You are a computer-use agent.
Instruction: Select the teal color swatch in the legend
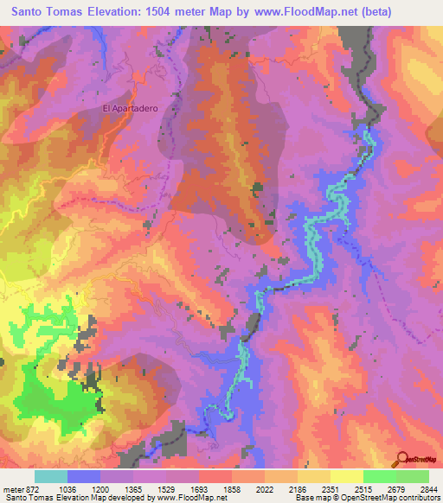click(51, 476)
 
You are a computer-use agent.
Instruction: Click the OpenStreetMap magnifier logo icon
click(401, 461)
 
